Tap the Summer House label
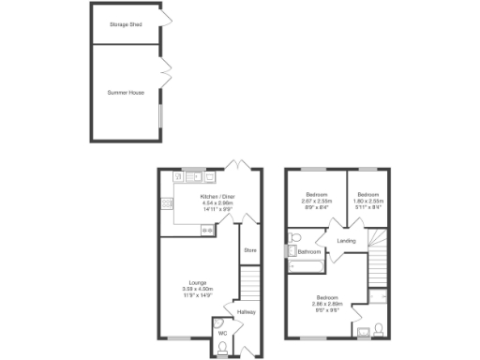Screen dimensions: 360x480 tap(126, 92)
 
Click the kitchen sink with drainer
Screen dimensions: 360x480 tap(194, 174)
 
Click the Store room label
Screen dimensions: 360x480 tap(249, 250)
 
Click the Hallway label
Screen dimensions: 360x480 tap(246, 311)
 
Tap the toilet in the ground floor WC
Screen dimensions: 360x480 tap(222, 346)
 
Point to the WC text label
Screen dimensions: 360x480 tap(222, 332)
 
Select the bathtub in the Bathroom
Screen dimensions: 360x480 tap(306, 267)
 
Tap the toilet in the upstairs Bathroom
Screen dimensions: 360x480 tap(295, 236)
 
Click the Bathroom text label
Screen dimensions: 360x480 tap(310, 251)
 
